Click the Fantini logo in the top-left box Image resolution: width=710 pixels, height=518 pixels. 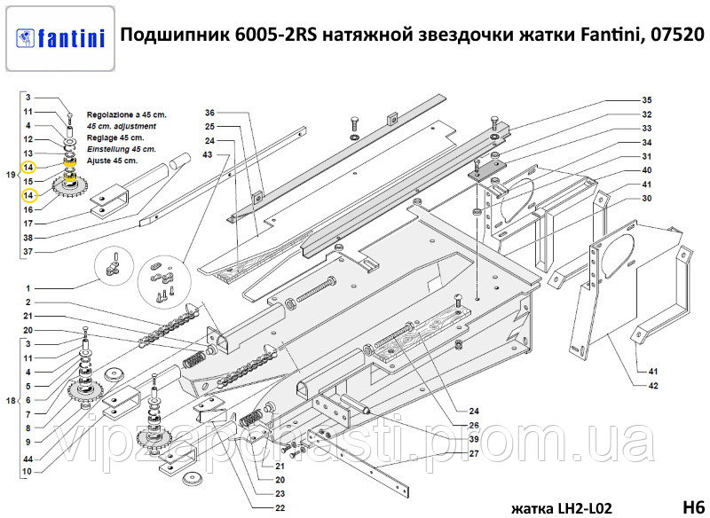click(60, 38)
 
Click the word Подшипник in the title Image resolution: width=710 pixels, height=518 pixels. click(175, 35)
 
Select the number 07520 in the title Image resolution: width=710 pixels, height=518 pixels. click(677, 35)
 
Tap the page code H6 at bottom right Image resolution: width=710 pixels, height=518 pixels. click(693, 506)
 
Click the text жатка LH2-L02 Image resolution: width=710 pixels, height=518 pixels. click(562, 508)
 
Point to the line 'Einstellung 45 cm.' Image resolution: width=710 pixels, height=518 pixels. click(122, 149)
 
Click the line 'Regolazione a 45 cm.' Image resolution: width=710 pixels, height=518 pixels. click(127, 115)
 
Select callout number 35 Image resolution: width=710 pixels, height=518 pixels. click(647, 100)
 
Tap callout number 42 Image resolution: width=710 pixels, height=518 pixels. click(652, 386)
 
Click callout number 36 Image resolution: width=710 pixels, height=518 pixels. click(209, 113)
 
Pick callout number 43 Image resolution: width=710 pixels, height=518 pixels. click(208, 154)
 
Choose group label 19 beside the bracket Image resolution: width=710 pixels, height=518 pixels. click(11, 175)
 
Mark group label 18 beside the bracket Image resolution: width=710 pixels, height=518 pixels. click(11, 400)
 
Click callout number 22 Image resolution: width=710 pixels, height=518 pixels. click(280, 507)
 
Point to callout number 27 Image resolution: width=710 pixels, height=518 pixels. click(474, 453)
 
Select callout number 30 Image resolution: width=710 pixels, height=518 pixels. click(647, 198)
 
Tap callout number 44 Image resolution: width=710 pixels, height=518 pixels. click(28, 459)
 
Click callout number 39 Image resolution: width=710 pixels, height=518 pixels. click(474, 439)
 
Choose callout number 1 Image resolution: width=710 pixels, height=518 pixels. click(28, 288)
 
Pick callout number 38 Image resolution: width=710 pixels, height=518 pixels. click(28, 238)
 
